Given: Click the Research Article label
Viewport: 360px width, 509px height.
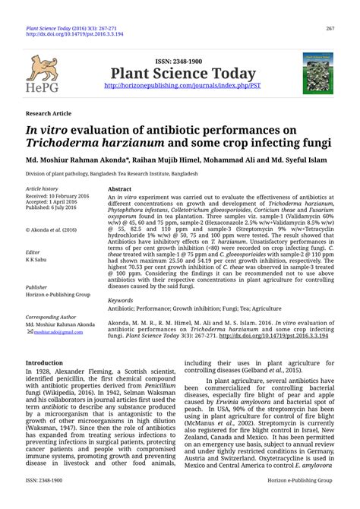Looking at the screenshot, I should coord(49,111).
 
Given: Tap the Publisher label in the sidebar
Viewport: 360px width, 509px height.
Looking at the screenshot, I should coord(37,288).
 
